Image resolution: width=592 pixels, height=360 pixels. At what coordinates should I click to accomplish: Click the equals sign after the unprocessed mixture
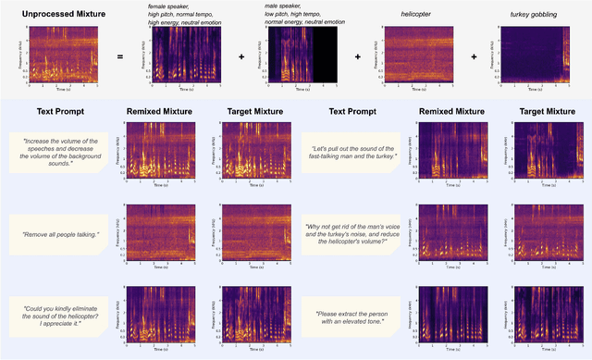(120, 56)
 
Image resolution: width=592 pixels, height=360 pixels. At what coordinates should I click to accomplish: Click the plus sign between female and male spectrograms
(241, 56)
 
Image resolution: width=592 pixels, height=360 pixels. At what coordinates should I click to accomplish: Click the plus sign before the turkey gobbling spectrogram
(477, 56)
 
